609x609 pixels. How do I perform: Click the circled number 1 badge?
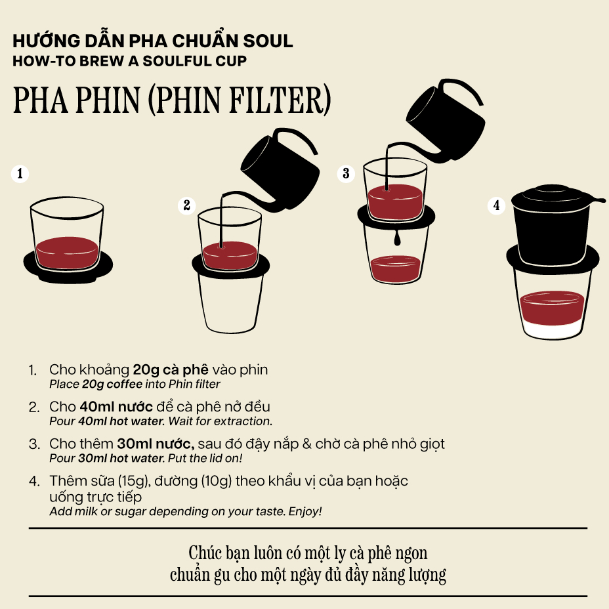pyautogui.click(x=20, y=173)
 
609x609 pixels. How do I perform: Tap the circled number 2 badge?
pyautogui.click(x=187, y=205)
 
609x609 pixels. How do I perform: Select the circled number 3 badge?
pyautogui.click(x=346, y=173)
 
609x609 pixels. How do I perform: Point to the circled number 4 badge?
pyautogui.click(x=496, y=205)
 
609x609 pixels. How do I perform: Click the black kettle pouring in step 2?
pyautogui.click(x=280, y=171)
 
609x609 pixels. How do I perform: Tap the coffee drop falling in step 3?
pyautogui.click(x=396, y=238)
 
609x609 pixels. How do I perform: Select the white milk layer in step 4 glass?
pyautogui.click(x=552, y=329)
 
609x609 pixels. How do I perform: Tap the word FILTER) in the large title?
pyautogui.click(x=280, y=100)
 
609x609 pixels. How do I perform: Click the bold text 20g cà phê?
pyautogui.click(x=171, y=369)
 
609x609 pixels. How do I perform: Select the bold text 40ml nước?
pyautogui.click(x=116, y=407)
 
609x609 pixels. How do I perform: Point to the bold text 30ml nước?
pyautogui.click(x=156, y=444)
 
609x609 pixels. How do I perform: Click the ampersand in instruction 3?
pyautogui.click(x=307, y=444)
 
